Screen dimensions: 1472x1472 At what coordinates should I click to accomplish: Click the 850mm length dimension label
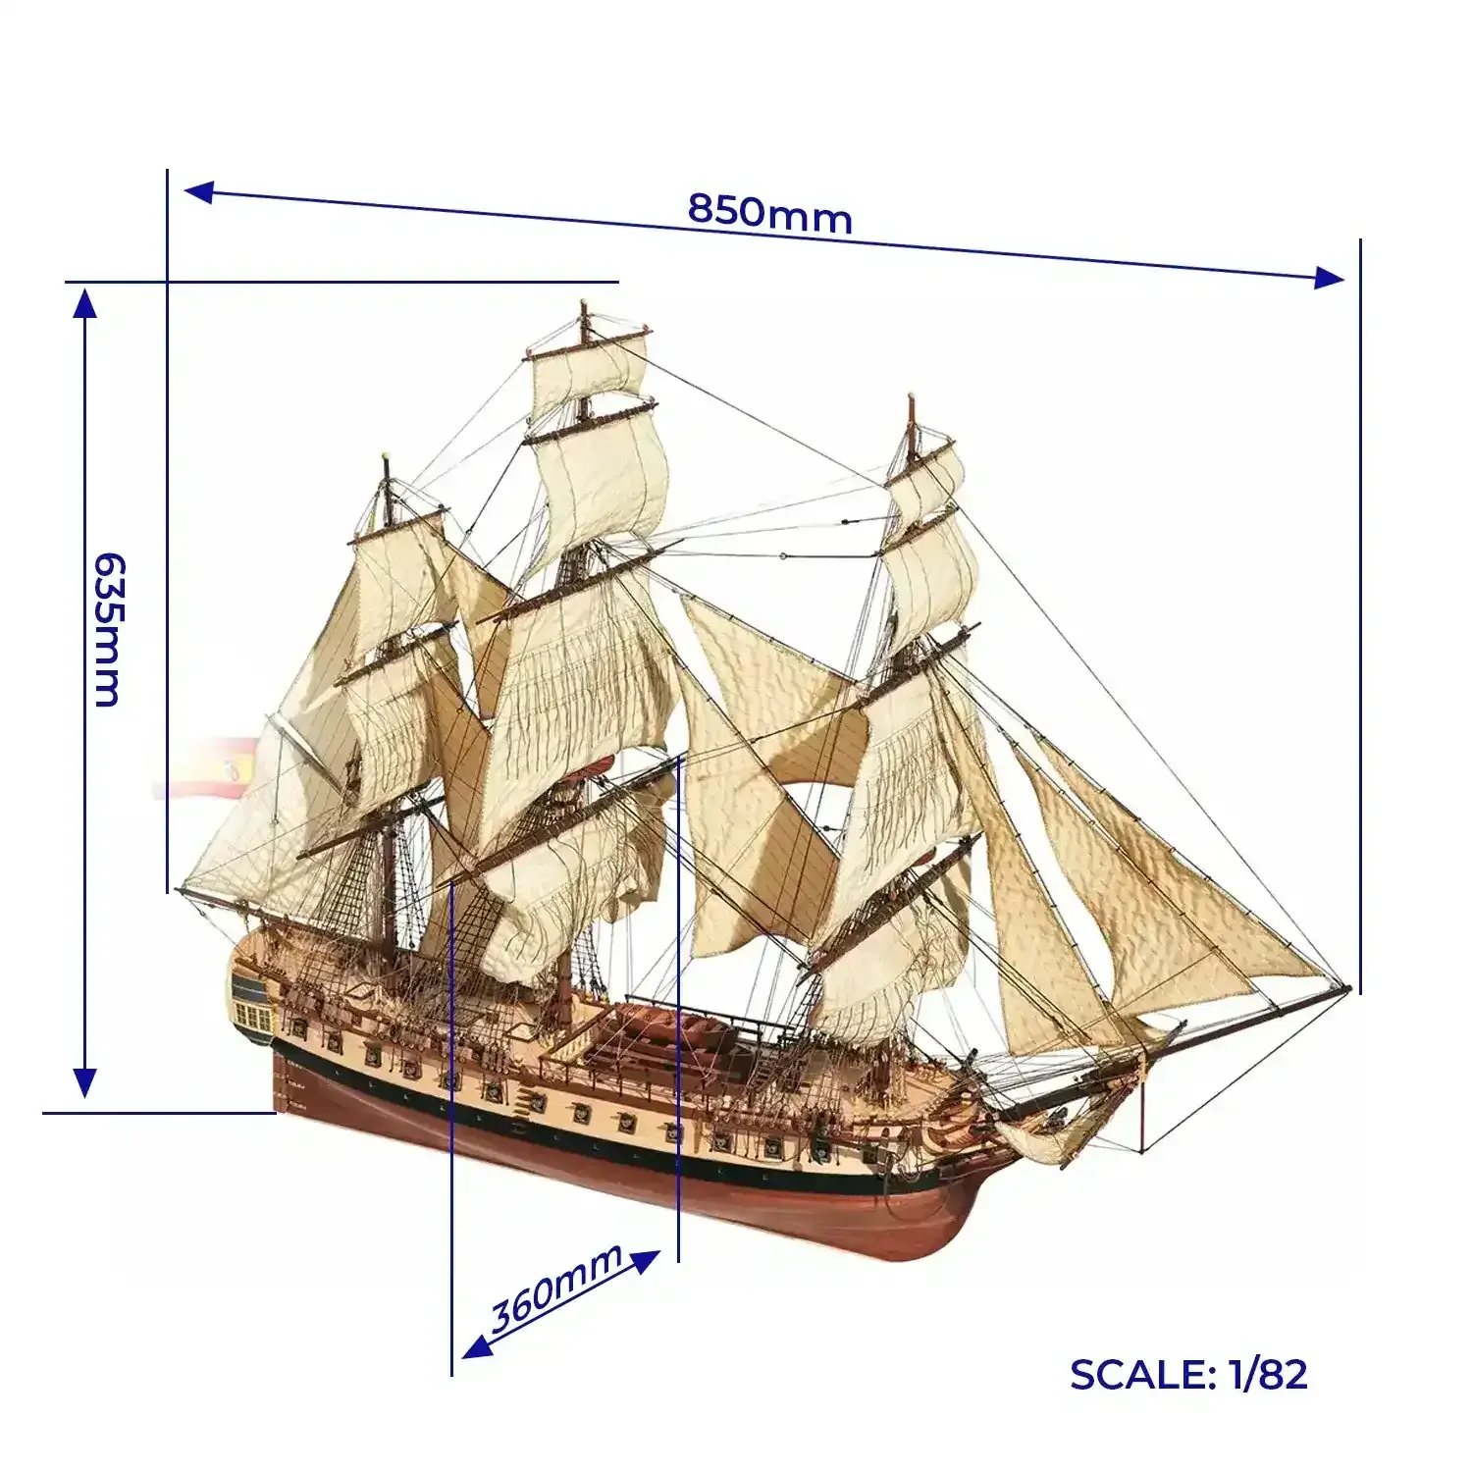pos(769,213)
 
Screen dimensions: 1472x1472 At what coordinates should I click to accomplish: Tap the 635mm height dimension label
pos(106,630)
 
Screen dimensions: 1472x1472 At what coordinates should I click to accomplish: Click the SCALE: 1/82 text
pos(1188,1375)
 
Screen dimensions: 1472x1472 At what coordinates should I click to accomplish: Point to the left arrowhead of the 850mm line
pos(199,191)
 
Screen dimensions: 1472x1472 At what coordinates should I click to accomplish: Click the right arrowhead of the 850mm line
pos(1329,278)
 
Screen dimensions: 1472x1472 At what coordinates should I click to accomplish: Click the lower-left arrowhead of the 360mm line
pos(477,1345)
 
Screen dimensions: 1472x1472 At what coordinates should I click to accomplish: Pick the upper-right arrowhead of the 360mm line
pos(644,1262)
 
